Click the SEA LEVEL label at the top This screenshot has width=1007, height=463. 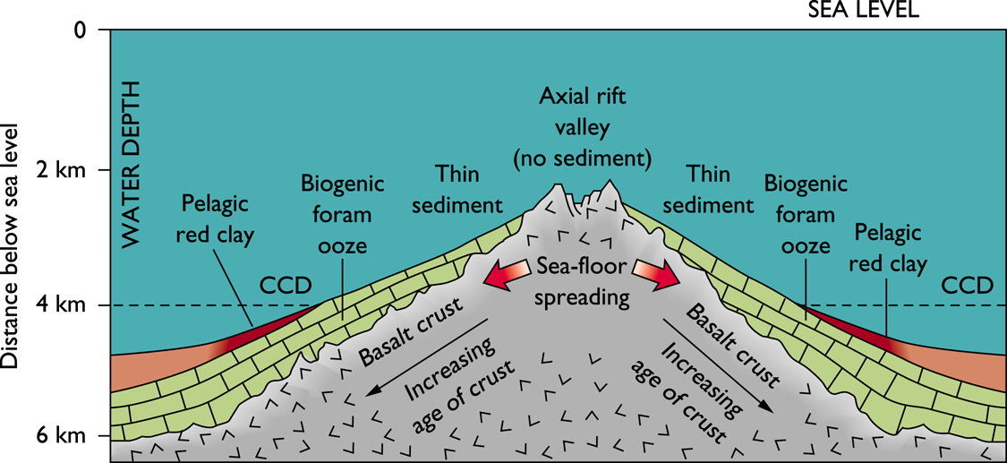pyautogui.click(x=863, y=10)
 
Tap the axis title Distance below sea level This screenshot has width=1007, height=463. pyautogui.click(x=12, y=242)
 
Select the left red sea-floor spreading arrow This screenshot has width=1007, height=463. pyautogui.click(x=507, y=274)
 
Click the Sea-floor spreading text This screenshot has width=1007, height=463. pyautogui.click(x=584, y=282)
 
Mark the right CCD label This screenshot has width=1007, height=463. pyautogui.click(x=968, y=286)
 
